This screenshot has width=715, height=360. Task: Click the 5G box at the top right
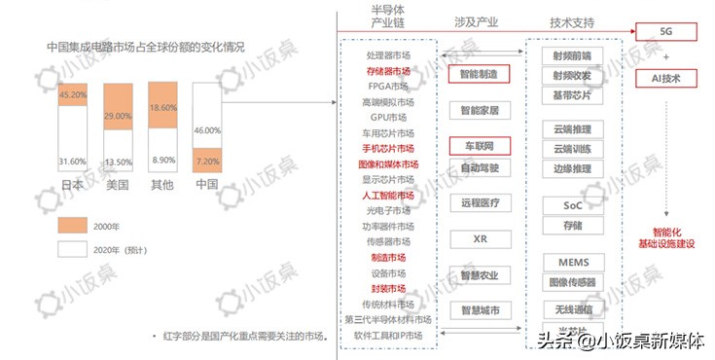pyautogui.click(x=666, y=32)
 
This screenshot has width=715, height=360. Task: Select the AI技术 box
pyautogui.click(x=666, y=76)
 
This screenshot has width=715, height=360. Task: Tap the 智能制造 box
pyautogui.click(x=479, y=74)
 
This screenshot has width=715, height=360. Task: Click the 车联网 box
pyautogui.click(x=479, y=146)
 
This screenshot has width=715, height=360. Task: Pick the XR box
pyautogui.click(x=479, y=238)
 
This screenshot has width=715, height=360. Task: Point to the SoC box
pyautogui.click(x=572, y=205)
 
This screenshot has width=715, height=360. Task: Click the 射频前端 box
pyautogui.click(x=572, y=55)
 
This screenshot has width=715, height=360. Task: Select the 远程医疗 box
pyautogui.click(x=479, y=203)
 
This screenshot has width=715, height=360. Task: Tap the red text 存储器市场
pyautogui.click(x=388, y=71)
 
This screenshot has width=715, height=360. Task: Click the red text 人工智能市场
pyautogui.click(x=388, y=196)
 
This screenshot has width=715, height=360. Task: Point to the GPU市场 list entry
pyautogui.click(x=388, y=117)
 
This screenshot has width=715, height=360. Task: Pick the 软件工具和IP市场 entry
pyautogui.click(x=388, y=335)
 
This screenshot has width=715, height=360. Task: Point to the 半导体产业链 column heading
pyautogui.click(x=388, y=20)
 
